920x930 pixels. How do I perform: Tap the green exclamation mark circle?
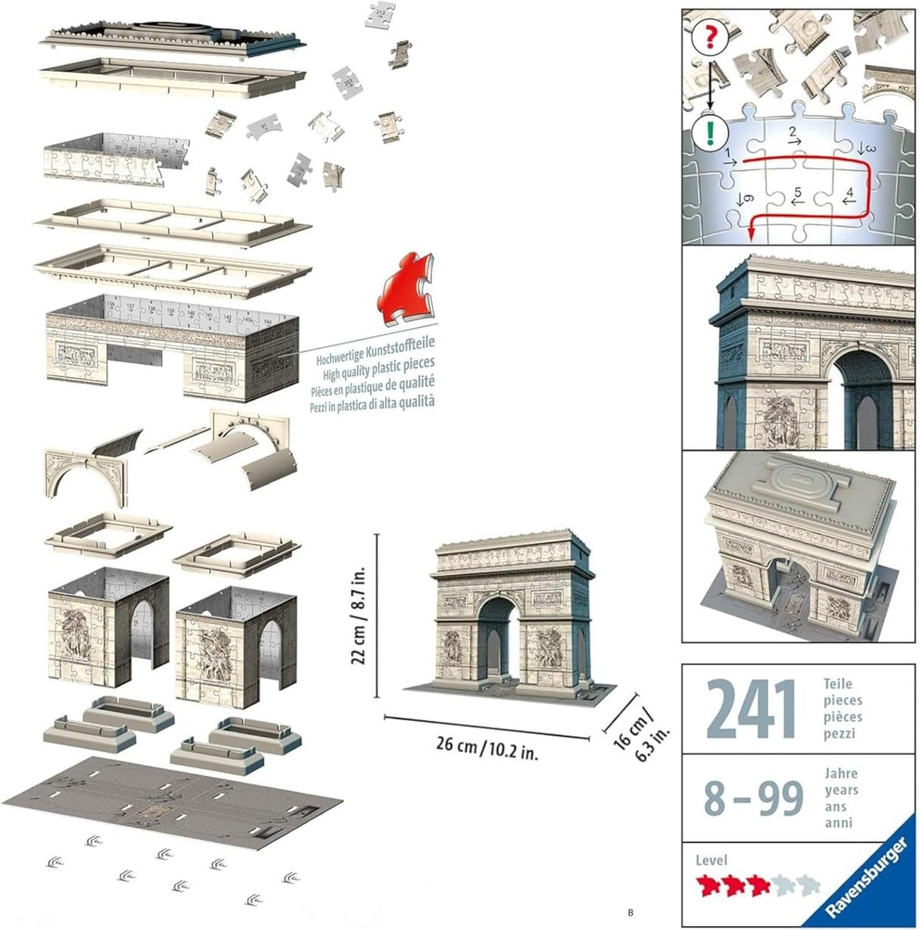click(710, 133)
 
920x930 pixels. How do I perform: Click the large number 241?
click(750, 710)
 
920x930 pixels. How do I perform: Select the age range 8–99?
click(753, 797)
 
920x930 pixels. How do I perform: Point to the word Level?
click(712, 860)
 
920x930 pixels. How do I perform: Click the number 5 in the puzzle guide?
click(797, 194)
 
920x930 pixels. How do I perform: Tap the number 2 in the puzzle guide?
click(793, 134)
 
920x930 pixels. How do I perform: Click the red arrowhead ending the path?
click(749, 235)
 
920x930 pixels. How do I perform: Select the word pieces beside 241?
click(843, 701)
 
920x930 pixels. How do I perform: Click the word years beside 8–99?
click(841, 790)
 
